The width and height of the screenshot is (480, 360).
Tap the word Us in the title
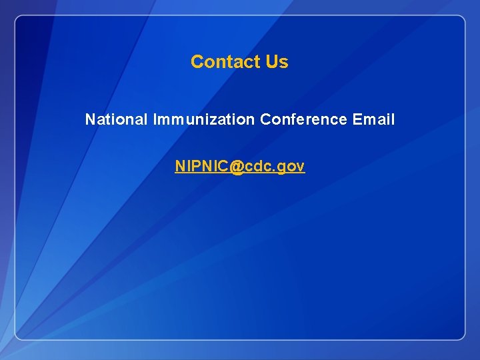coord(277,62)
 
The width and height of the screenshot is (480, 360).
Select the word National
coord(117,120)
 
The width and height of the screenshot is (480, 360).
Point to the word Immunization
coord(204,120)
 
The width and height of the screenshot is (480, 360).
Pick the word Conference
coord(303,120)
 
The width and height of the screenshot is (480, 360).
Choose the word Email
coord(374,120)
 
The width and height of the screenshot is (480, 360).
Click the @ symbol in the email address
coord(237,167)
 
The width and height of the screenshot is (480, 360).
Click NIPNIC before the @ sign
coord(201,167)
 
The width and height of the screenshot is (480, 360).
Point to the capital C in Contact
coord(197,62)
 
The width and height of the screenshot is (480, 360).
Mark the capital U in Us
coord(271,62)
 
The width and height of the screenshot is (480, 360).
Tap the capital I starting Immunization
coord(155,120)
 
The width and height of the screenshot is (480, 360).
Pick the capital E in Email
coord(357,120)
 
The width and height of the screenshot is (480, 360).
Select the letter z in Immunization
coord(218,121)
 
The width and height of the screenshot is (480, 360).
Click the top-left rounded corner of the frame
coord(19,19)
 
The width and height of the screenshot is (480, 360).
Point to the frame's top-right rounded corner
coord(461,19)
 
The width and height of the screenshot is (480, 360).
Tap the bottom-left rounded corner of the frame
coord(19,336)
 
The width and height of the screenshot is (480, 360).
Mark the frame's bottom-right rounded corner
coord(461,336)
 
